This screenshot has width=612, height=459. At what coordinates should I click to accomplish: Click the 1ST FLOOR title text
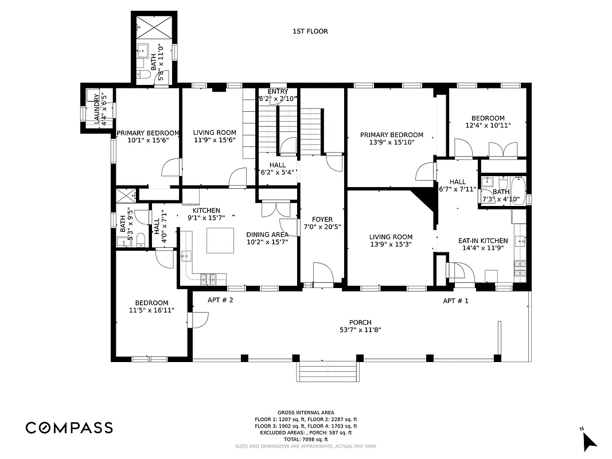(310, 32)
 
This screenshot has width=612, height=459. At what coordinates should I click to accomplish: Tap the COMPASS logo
(69, 427)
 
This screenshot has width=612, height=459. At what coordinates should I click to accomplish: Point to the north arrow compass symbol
(589, 439)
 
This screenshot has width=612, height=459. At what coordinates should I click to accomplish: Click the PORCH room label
(360, 322)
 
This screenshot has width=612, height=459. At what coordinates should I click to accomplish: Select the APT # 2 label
(220, 300)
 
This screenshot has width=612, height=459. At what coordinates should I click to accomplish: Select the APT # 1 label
(455, 301)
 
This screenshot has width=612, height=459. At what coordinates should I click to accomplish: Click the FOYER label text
(322, 219)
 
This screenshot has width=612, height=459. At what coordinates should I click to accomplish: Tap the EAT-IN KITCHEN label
(482, 241)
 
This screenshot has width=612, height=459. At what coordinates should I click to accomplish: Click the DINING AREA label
(267, 234)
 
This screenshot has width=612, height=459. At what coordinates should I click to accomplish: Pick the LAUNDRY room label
(97, 108)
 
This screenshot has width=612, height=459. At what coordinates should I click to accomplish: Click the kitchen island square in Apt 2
(220, 240)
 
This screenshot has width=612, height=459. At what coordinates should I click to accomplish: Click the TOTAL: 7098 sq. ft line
(306, 439)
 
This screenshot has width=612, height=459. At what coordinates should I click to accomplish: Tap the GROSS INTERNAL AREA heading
(306, 413)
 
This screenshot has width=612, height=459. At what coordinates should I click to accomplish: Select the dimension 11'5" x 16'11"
(151, 310)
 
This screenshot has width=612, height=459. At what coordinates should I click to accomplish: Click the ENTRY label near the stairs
(278, 92)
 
